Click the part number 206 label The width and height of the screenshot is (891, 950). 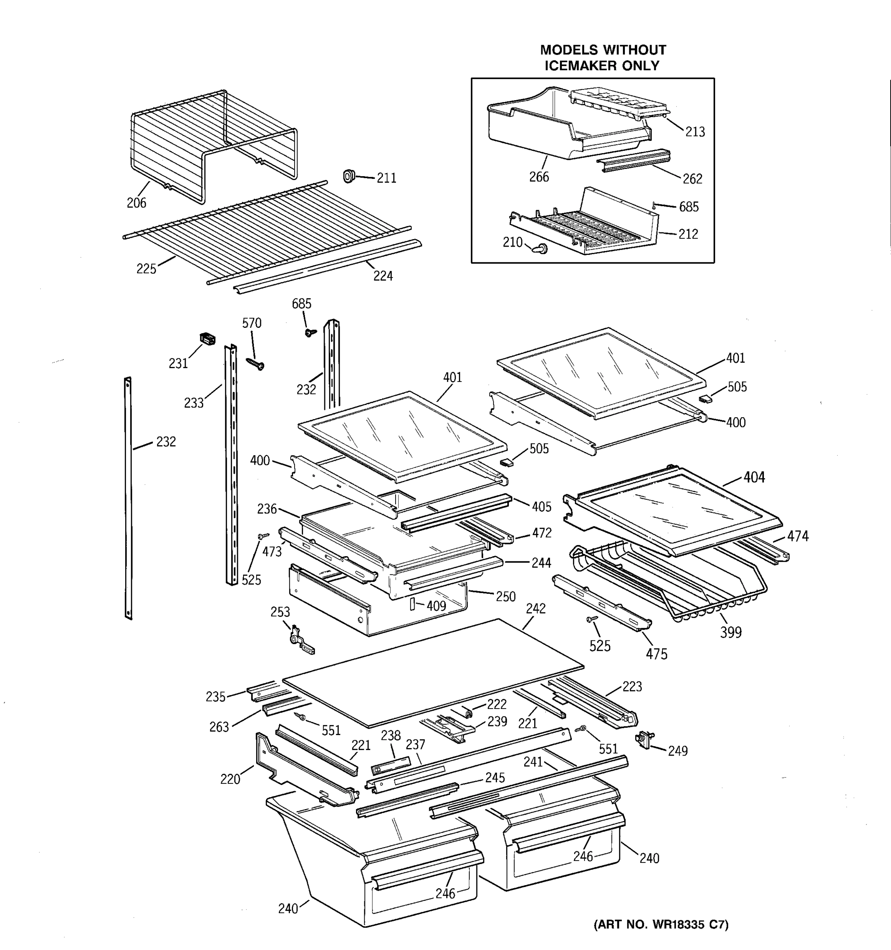coord(136,203)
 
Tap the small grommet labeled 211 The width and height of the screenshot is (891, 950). coord(348,176)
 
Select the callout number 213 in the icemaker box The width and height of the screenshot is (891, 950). coord(695,132)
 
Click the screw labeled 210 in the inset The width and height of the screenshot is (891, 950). coord(542,248)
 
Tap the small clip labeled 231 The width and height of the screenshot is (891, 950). coord(207,339)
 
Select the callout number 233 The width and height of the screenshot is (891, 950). coord(194,403)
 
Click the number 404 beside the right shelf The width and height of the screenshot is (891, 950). coord(754,477)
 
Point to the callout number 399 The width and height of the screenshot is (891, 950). coord(730,632)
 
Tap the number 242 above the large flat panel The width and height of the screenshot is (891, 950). coord(535,608)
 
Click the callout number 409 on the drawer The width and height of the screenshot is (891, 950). coord(436,606)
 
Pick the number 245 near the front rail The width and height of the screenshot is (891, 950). coord(495,777)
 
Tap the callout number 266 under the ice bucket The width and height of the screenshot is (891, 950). coord(539,177)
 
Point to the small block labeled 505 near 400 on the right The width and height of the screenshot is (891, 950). coord(705,398)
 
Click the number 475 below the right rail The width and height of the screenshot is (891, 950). coord(656,654)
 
